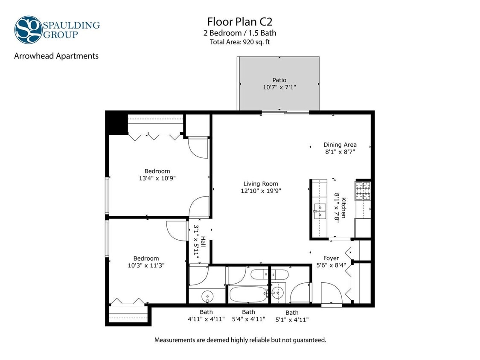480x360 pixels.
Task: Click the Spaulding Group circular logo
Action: [x=28, y=29]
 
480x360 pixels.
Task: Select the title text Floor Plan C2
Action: [x=239, y=21]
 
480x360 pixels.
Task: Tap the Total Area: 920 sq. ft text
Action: [x=240, y=42]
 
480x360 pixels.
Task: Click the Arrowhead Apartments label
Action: [x=56, y=56]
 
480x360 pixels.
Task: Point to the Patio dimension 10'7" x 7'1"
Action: [x=279, y=87]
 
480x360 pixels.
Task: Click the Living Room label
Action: [x=261, y=184]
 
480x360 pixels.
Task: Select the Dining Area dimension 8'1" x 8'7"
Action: [x=340, y=151]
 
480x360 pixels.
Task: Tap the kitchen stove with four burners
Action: [x=363, y=191]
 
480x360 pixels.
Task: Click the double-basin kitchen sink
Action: [x=318, y=211]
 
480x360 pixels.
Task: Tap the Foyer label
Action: [x=331, y=258]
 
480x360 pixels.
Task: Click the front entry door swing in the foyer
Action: [x=331, y=293]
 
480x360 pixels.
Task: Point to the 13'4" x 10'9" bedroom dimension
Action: [x=157, y=178]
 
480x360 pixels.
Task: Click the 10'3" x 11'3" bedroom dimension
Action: [x=146, y=265]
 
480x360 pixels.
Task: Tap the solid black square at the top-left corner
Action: [x=116, y=123]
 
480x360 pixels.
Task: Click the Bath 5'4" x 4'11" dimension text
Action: [x=248, y=319]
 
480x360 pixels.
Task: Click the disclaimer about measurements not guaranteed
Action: [x=240, y=340]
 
